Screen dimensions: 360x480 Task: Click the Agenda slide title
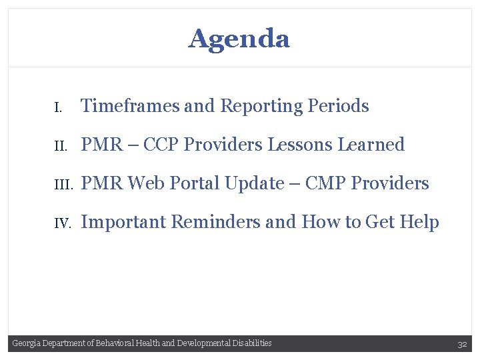[239, 39]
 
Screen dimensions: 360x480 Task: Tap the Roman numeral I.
[58, 107]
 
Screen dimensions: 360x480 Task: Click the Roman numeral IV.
[62, 223]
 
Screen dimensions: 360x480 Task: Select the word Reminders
[218, 222]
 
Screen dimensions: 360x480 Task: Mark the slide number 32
[462, 344]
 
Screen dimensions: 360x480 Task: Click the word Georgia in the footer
[26, 343]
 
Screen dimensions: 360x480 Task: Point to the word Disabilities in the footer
[252, 343]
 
